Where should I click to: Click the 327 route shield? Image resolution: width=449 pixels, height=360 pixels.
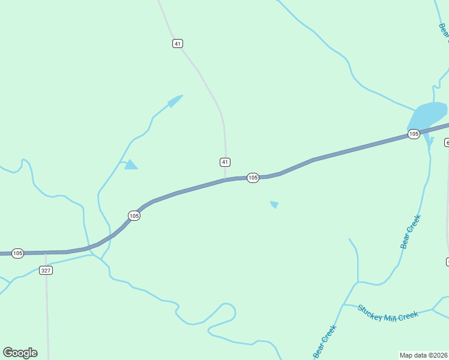pos(46,271)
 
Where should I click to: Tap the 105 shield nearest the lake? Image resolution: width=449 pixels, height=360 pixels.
pos(414,134)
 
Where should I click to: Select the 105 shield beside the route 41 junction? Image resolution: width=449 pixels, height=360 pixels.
pos(253,178)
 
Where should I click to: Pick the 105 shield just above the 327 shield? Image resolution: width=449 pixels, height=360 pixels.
pos(17,254)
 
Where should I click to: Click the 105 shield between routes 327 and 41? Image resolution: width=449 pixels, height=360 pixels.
pos(134,215)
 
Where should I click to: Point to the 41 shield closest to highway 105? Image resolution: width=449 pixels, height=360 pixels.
pos(224,162)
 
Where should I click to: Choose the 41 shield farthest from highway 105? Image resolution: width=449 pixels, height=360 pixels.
pos(177,43)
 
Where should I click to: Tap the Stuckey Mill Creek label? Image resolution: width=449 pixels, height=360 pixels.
pos(388,313)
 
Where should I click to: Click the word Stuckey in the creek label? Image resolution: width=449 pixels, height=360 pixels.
pos(370,310)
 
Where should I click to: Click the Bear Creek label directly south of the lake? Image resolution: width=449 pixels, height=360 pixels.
pos(411,232)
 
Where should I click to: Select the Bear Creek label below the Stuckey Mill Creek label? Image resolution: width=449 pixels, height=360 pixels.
pos(324,343)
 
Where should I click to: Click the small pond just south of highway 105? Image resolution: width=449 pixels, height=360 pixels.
pos(274,205)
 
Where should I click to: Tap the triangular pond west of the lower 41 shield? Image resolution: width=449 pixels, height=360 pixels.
pos(130,164)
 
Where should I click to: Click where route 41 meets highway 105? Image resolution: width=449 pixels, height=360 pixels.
pos(225,179)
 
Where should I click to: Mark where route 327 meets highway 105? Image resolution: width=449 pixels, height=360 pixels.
pos(46,253)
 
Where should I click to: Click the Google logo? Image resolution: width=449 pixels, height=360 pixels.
pos(20,353)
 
